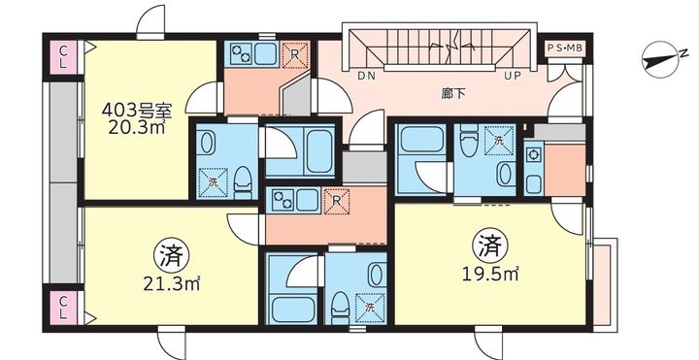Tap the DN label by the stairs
pos(366,74)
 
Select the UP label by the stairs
pos(512,74)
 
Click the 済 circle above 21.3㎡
pos(169,257)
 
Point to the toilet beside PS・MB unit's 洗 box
pos(470,145)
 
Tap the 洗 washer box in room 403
pos(213,180)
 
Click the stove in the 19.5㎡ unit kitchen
pos(533,154)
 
